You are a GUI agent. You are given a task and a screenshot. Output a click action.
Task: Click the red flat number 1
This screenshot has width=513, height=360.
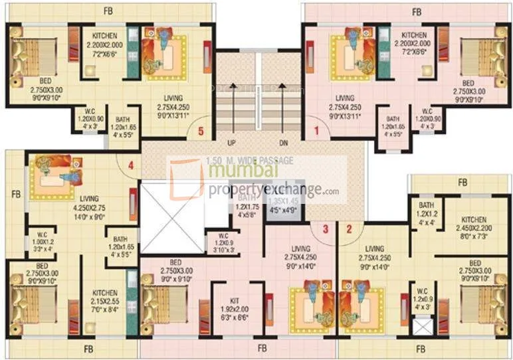pyautogui.click(x=316, y=132)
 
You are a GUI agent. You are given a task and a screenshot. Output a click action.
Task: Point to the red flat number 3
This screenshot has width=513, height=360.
pyautogui.click(x=325, y=229)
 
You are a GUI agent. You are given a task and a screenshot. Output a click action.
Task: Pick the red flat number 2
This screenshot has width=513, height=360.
pyautogui.click(x=348, y=229)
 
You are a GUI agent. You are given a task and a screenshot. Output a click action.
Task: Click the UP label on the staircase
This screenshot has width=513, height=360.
pyautogui.click(x=232, y=142)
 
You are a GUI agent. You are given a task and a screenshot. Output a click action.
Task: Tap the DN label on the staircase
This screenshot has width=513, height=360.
pyautogui.click(x=282, y=142)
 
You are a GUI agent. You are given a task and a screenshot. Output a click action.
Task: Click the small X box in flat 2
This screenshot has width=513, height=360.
pyautogui.click(x=420, y=325)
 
